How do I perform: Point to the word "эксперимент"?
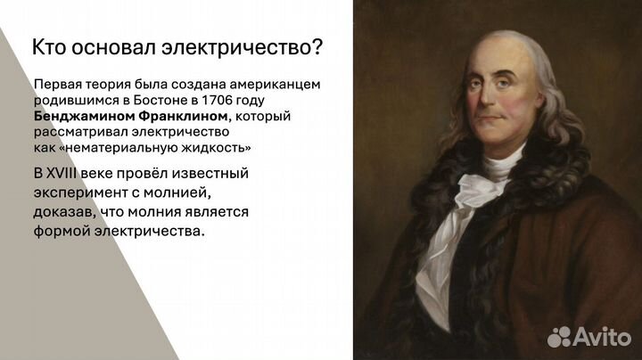tap(76, 192)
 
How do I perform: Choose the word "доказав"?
tap(62, 212)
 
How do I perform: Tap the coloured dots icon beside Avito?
tap(559, 336)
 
